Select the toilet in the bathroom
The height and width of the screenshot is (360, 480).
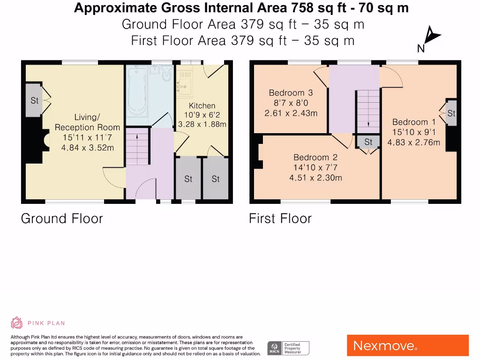(x=166, y=74)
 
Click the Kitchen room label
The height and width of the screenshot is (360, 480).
(x=202, y=106)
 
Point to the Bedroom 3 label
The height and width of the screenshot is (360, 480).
(x=291, y=93)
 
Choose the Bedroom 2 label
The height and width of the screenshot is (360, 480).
(x=315, y=157)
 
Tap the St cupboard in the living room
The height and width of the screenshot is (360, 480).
(x=34, y=101)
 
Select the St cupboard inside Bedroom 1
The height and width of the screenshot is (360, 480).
(x=451, y=113)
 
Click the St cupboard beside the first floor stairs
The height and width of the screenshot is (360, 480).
(x=368, y=142)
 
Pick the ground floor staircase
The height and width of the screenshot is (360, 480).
(x=138, y=148)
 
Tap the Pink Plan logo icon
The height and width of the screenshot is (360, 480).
(x=17, y=323)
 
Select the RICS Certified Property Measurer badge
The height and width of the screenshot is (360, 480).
(x=288, y=348)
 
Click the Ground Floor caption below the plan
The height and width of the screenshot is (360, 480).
(x=62, y=218)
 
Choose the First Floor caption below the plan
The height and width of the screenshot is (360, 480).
(x=280, y=218)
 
